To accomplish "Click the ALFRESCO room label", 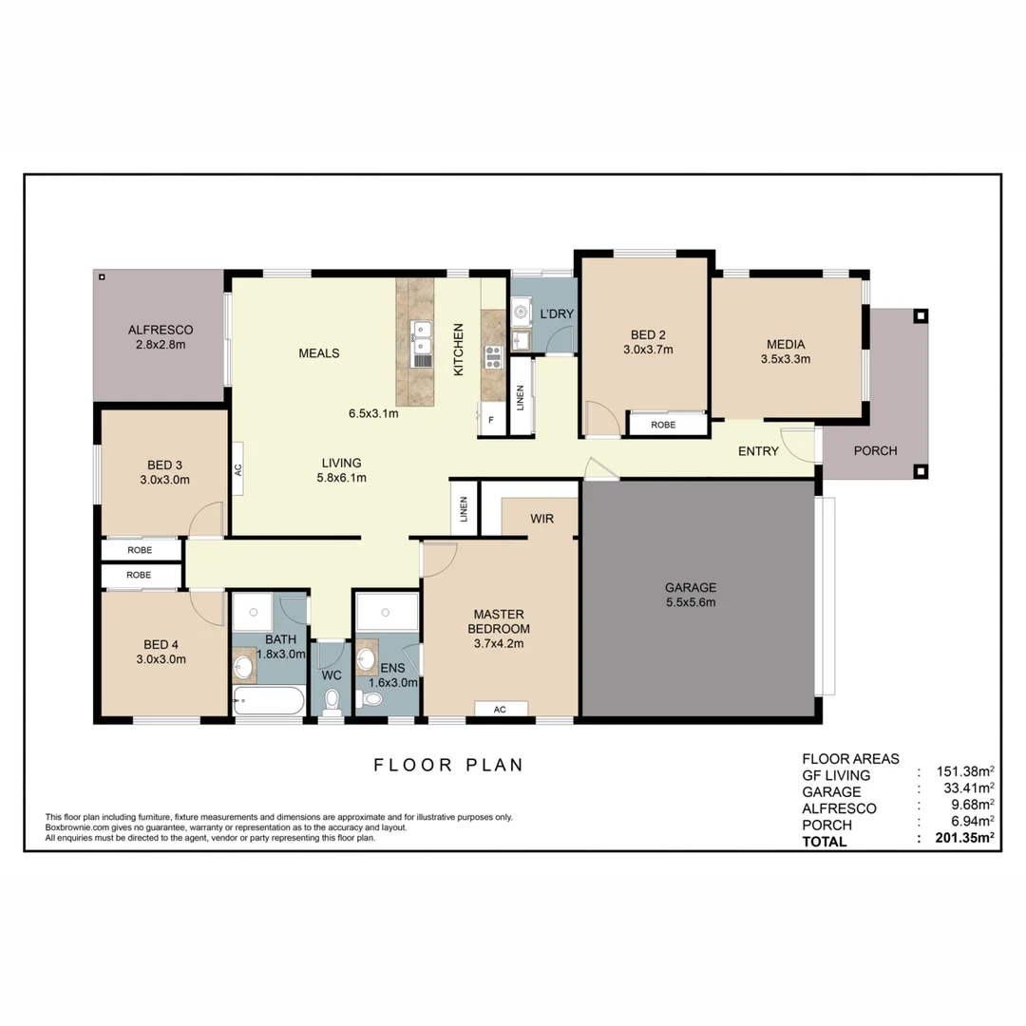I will pos(160,330).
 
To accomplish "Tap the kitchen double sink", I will pos(420,343).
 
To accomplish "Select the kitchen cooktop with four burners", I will pos(493,357).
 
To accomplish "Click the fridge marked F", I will pos(491,419).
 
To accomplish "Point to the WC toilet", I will pos(332,701).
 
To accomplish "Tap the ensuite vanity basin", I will pos(366,658).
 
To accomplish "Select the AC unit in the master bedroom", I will pos(500,709).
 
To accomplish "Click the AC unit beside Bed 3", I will pos(237,468).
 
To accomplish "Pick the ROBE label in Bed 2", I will pos(664,425).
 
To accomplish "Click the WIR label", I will pos(541,519).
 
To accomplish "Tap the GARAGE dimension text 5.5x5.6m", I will pos(691,601).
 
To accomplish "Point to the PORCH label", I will pos(875,450).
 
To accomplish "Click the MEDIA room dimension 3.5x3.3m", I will pos(786,359).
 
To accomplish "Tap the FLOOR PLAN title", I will pos(448,765).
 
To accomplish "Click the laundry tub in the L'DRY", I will pos(520,311).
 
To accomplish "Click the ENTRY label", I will pos(758,451).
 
